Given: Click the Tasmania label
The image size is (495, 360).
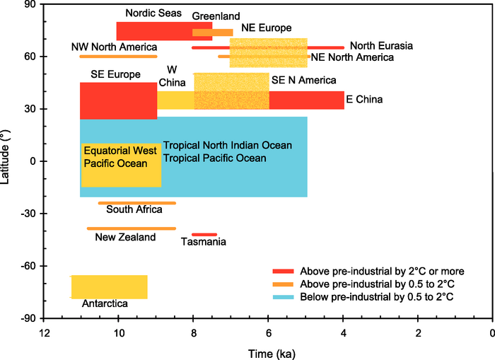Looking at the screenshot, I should click(x=204, y=242).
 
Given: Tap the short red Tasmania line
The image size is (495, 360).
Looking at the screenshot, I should click(x=204, y=234).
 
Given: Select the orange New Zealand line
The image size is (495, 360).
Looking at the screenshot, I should click(x=132, y=228).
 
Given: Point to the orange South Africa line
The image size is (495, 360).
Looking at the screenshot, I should click(x=137, y=203).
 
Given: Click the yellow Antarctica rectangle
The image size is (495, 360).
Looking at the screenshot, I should click(x=110, y=286).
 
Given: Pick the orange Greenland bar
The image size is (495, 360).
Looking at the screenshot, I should click(x=212, y=33).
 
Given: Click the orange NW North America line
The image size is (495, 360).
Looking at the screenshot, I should click(x=118, y=56).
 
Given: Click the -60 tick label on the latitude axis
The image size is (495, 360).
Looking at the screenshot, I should click(x=28, y=266).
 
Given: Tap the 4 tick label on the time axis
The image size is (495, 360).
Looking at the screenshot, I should click(x=343, y=332).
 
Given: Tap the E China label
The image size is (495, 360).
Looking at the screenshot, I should click(x=364, y=100).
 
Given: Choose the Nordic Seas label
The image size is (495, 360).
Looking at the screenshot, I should click(x=153, y=13).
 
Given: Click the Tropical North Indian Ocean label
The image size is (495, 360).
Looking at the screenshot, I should click(x=228, y=145).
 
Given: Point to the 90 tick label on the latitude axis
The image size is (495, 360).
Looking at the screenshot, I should click(x=30, y=4).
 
